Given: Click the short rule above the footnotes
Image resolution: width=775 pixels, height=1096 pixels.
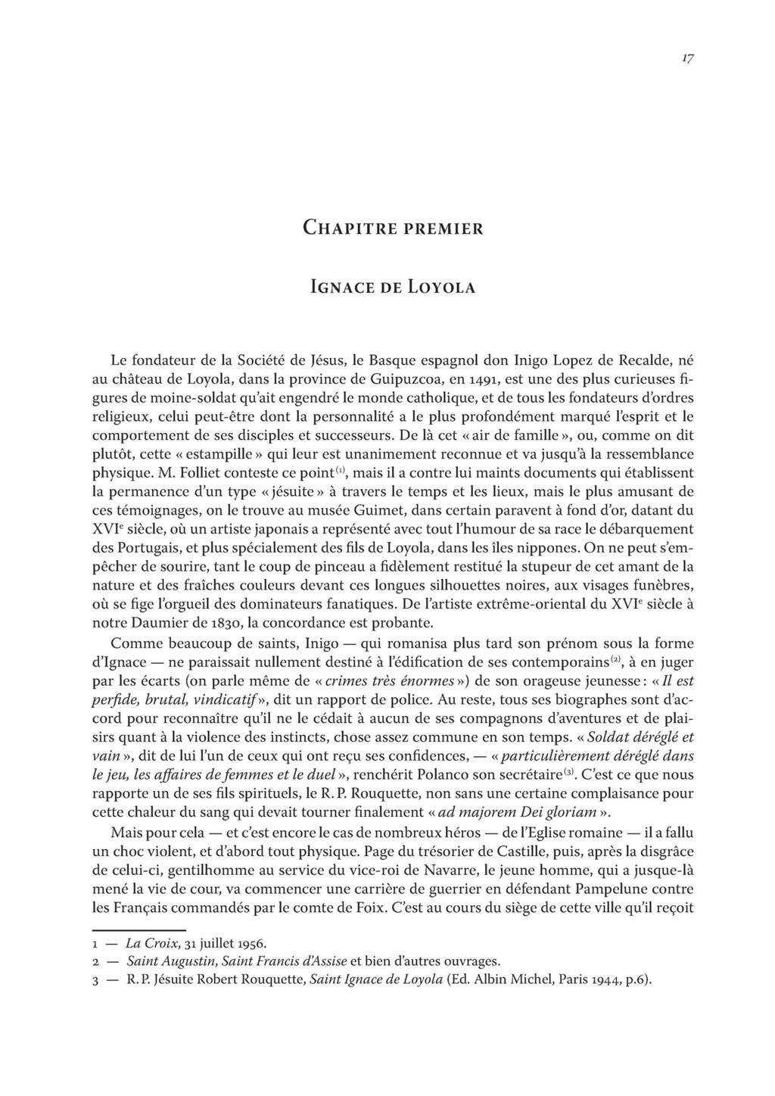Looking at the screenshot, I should [139, 929].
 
